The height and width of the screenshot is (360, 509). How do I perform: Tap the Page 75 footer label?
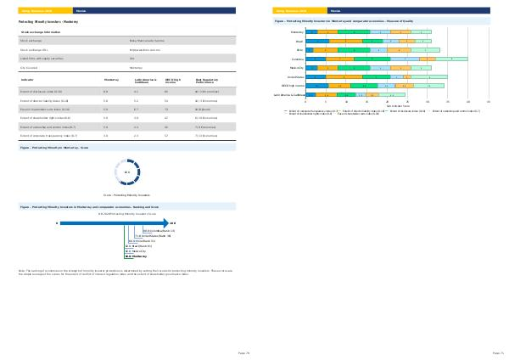(498, 351)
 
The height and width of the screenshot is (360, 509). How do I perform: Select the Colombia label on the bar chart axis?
(297, 59)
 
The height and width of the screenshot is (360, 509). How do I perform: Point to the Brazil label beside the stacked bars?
(299, 41)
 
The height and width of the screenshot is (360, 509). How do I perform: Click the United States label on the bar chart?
(294, 76)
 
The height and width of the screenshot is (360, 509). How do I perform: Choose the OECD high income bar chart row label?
(293, 86)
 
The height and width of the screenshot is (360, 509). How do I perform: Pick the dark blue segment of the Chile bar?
(310, 50)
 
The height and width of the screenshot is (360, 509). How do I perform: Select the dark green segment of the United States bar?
(376, 76)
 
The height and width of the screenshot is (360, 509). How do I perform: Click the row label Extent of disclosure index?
(42, 89)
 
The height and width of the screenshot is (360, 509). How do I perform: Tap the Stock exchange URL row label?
(35, 48)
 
